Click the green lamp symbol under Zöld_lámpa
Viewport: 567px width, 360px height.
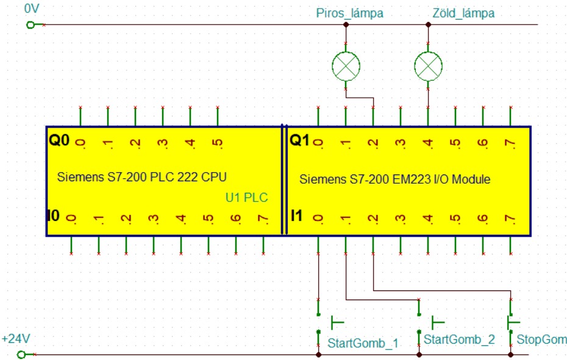(x=428, y=64)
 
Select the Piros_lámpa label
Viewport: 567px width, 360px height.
(x=350, y=13)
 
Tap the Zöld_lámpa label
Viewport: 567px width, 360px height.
(x=463, y=13)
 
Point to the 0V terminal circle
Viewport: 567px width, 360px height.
(x=29, y=24)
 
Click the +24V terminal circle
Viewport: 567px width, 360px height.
(x=21, y=354)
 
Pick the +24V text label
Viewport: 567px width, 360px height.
(x=16, y=337)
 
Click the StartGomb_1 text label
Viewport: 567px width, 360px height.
(x=363, y=343)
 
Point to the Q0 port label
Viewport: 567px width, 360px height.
(x=60, y=142)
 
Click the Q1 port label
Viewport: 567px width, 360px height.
(x=299, y=142)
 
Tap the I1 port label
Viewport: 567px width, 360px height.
(x=297, y=215)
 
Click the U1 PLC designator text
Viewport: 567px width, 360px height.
(x=246, y=198)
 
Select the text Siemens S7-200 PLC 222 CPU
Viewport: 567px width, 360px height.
(x=142, y=178)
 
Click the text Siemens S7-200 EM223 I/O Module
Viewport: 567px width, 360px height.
(x=395, y=180)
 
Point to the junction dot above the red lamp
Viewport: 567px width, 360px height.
(x=346, y=24)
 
